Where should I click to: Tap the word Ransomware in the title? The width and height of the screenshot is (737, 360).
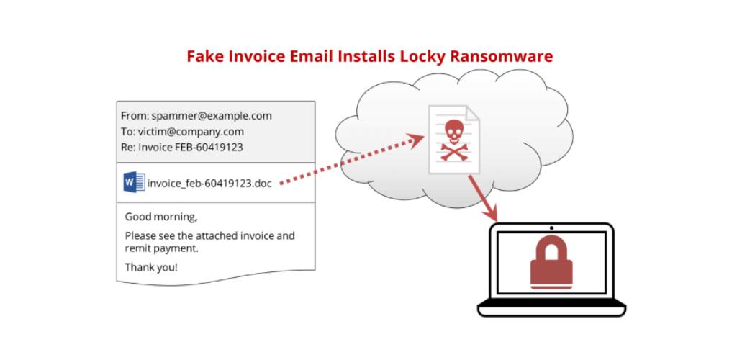pos(502,56)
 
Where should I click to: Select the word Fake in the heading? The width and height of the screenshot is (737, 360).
pos(205,56)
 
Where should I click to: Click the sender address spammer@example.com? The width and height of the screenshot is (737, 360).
pos(212,116)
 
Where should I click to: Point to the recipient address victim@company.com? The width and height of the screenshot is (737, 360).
pos(191,132)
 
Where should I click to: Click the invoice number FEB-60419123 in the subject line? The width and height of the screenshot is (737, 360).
pos(209,147)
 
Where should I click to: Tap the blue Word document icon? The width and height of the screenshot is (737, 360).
pos(134,182)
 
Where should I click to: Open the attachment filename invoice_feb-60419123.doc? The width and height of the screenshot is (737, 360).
pos(209,184)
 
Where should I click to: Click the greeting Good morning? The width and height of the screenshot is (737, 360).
pos(161,217)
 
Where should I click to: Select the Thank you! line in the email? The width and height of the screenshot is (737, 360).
pos(151,267)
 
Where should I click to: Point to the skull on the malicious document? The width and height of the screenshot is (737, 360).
pos(454,132)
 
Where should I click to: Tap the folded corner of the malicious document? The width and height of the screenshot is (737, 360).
pos(471,113)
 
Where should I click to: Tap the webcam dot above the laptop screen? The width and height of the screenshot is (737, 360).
pos(551,228)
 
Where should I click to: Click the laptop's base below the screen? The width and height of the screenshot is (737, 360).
pos(552,307)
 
